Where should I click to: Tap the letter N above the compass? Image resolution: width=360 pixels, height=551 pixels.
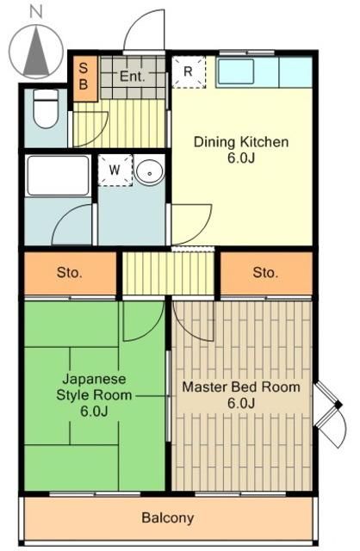(x=34, y=11)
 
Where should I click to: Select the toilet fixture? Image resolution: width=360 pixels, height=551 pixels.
(x=44, y=110)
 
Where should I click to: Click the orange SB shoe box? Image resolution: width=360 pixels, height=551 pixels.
(x=84, y=77)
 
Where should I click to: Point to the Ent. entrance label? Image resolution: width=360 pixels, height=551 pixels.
(x=132, y=76)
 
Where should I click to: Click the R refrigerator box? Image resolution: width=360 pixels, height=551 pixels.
(x=189, y=72)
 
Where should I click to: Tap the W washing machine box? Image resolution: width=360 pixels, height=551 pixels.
(x=114, y=170)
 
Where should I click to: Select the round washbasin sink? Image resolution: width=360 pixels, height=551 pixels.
(x=148, y=171)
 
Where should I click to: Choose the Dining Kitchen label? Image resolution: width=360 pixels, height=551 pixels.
(x=240, y=150)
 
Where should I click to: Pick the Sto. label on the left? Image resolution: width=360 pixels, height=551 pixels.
(x=69, y=273)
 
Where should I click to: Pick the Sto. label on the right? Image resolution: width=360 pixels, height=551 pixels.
(x=265, y=273)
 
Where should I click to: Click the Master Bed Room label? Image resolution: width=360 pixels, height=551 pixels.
(x=240, y=395)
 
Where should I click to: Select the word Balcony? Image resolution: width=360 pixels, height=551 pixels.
(x=168, y=518)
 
